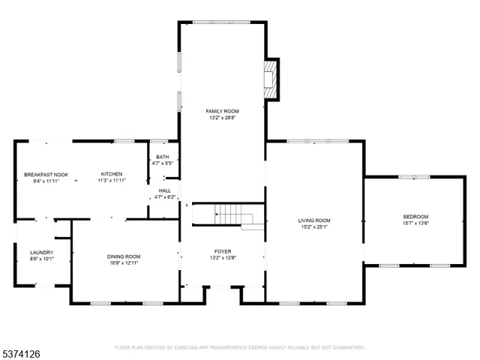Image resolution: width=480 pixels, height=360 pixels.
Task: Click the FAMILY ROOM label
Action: tap(223, 111)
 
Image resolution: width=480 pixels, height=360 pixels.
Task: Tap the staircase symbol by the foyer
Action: tap(229, 214)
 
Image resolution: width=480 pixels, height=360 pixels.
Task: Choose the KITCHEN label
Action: tap(112, 174)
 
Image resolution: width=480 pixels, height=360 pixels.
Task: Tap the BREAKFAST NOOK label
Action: tap(46, 175)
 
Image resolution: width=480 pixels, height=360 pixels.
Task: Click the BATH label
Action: tap(163, 157)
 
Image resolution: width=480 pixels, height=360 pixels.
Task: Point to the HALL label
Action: tap(164, 190)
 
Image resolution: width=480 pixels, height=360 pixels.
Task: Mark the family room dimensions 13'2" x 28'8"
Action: tap(223, 118)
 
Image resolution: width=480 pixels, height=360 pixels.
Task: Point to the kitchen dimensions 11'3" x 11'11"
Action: tap(112, 181)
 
